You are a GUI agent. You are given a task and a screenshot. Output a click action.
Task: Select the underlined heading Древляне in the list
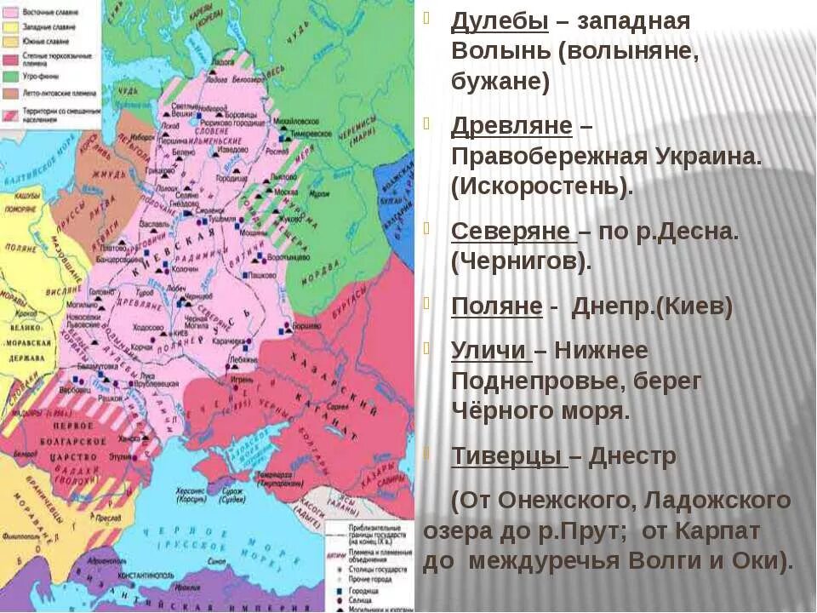511,126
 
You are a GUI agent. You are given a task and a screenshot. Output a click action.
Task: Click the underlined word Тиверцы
507,456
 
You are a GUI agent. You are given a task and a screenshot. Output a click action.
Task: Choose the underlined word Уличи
490,351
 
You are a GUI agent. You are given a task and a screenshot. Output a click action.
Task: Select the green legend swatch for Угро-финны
12,75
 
